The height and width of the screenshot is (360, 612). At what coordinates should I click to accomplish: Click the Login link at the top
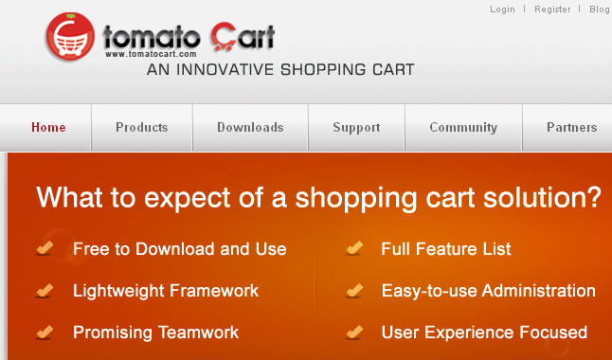(502, 9)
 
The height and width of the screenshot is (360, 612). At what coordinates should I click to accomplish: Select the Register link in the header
(552, 9)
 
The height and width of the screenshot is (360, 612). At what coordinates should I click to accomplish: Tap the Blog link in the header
(600, 9)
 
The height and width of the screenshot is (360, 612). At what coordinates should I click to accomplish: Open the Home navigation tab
(48, 128)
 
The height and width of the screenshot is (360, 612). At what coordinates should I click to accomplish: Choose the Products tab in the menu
(142, 128)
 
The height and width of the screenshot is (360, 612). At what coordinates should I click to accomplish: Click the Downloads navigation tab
(250, 128)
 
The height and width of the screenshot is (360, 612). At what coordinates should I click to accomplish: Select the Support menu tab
(356, 128)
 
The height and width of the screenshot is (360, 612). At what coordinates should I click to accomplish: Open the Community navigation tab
(463, 128)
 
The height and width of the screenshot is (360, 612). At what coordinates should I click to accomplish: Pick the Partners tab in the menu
(571, 128)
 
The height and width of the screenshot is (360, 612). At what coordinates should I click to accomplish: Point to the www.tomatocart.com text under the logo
(143, 54)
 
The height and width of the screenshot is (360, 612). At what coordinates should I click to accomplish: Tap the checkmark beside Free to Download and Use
(45, 249)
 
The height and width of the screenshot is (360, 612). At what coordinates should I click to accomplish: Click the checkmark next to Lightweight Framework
(45, 291)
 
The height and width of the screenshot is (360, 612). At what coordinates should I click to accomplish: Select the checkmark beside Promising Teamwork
(45, 333)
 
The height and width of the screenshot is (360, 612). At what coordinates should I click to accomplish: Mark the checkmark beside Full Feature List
(354, 249)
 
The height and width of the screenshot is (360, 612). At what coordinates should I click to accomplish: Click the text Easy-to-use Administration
(488, 291)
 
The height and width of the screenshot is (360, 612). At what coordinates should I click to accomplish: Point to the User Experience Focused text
(484, 333)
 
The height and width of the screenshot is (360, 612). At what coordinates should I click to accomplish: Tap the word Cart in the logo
(243, 38)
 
